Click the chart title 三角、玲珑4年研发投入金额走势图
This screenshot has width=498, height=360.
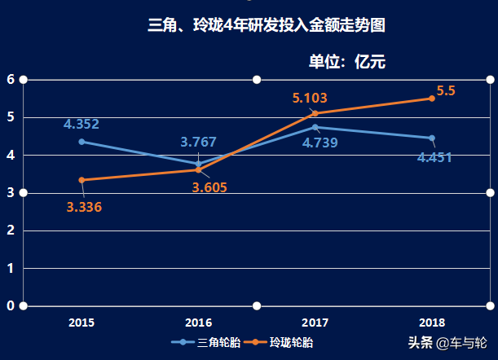coord(266,25)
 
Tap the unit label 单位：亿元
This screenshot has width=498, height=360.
coord(346,61)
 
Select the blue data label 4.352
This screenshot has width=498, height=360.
coord(82,125)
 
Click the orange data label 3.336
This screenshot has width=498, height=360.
coord(84,207)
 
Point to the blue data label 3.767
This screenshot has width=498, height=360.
coord(198,142)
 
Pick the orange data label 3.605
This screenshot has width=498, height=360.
coord(209,187)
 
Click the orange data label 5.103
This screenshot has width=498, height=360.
coord(310,99)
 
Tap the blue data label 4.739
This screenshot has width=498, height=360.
coord(320,143)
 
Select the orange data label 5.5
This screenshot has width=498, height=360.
coord(446,91)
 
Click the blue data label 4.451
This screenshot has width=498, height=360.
coord(434,157)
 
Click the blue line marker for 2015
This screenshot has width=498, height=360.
coord(82,142)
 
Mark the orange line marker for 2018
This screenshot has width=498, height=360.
coord(432,99)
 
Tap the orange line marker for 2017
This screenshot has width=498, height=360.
coord(315,113)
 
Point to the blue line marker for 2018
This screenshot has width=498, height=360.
coord(432,138)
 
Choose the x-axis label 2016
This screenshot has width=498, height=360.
coord(198,323)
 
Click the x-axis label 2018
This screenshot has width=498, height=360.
coord(432,323)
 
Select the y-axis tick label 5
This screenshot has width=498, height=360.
coord(11,117)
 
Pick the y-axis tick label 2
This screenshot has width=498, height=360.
coord(11,230)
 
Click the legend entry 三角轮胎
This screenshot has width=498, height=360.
coord(208,343)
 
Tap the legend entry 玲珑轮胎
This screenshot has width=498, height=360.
coord(282,343)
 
